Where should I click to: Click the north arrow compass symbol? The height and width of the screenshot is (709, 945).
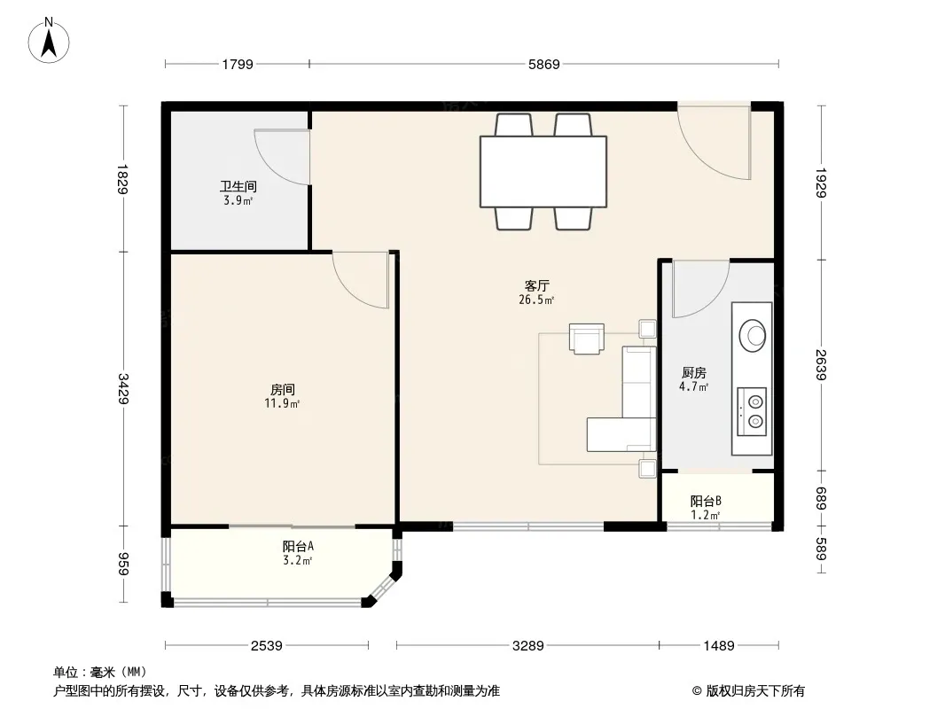click(x=49, y=40)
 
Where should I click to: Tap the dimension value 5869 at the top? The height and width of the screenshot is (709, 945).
click(x=543, y=64)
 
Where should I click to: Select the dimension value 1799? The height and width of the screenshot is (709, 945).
click(x=238, y=64)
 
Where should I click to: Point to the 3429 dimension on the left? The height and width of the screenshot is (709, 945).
click(x=123, y=388)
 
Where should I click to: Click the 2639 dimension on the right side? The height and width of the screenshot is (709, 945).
click(x=821, y=364)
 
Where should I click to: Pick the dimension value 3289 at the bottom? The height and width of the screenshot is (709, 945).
click(x=528, y=646)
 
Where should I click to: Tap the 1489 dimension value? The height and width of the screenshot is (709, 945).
click(x=719, y=646)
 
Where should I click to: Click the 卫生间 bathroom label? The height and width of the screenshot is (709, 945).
click(x=238, y=187)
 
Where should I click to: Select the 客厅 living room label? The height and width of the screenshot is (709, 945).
click(x=536, y=285)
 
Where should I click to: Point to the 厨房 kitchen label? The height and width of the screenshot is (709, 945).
click(x=694, y=373)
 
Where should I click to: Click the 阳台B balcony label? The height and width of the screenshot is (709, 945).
click(x=706, y=502)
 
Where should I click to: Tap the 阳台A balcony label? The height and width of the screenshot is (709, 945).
click(x=298, y=546)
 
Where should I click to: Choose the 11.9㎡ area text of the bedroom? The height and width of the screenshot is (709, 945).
click(x=282, y=403)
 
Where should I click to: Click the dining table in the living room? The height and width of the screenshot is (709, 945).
click(x=543, y=172)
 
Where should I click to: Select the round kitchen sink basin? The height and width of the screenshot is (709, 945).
click(x=752, y=334)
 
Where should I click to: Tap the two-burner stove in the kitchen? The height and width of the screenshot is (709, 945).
click(x=752, y=411)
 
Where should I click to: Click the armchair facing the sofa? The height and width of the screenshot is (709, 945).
click(x=586, y=339)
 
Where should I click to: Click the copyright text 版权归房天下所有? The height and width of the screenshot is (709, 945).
click(x=755, y=691)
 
